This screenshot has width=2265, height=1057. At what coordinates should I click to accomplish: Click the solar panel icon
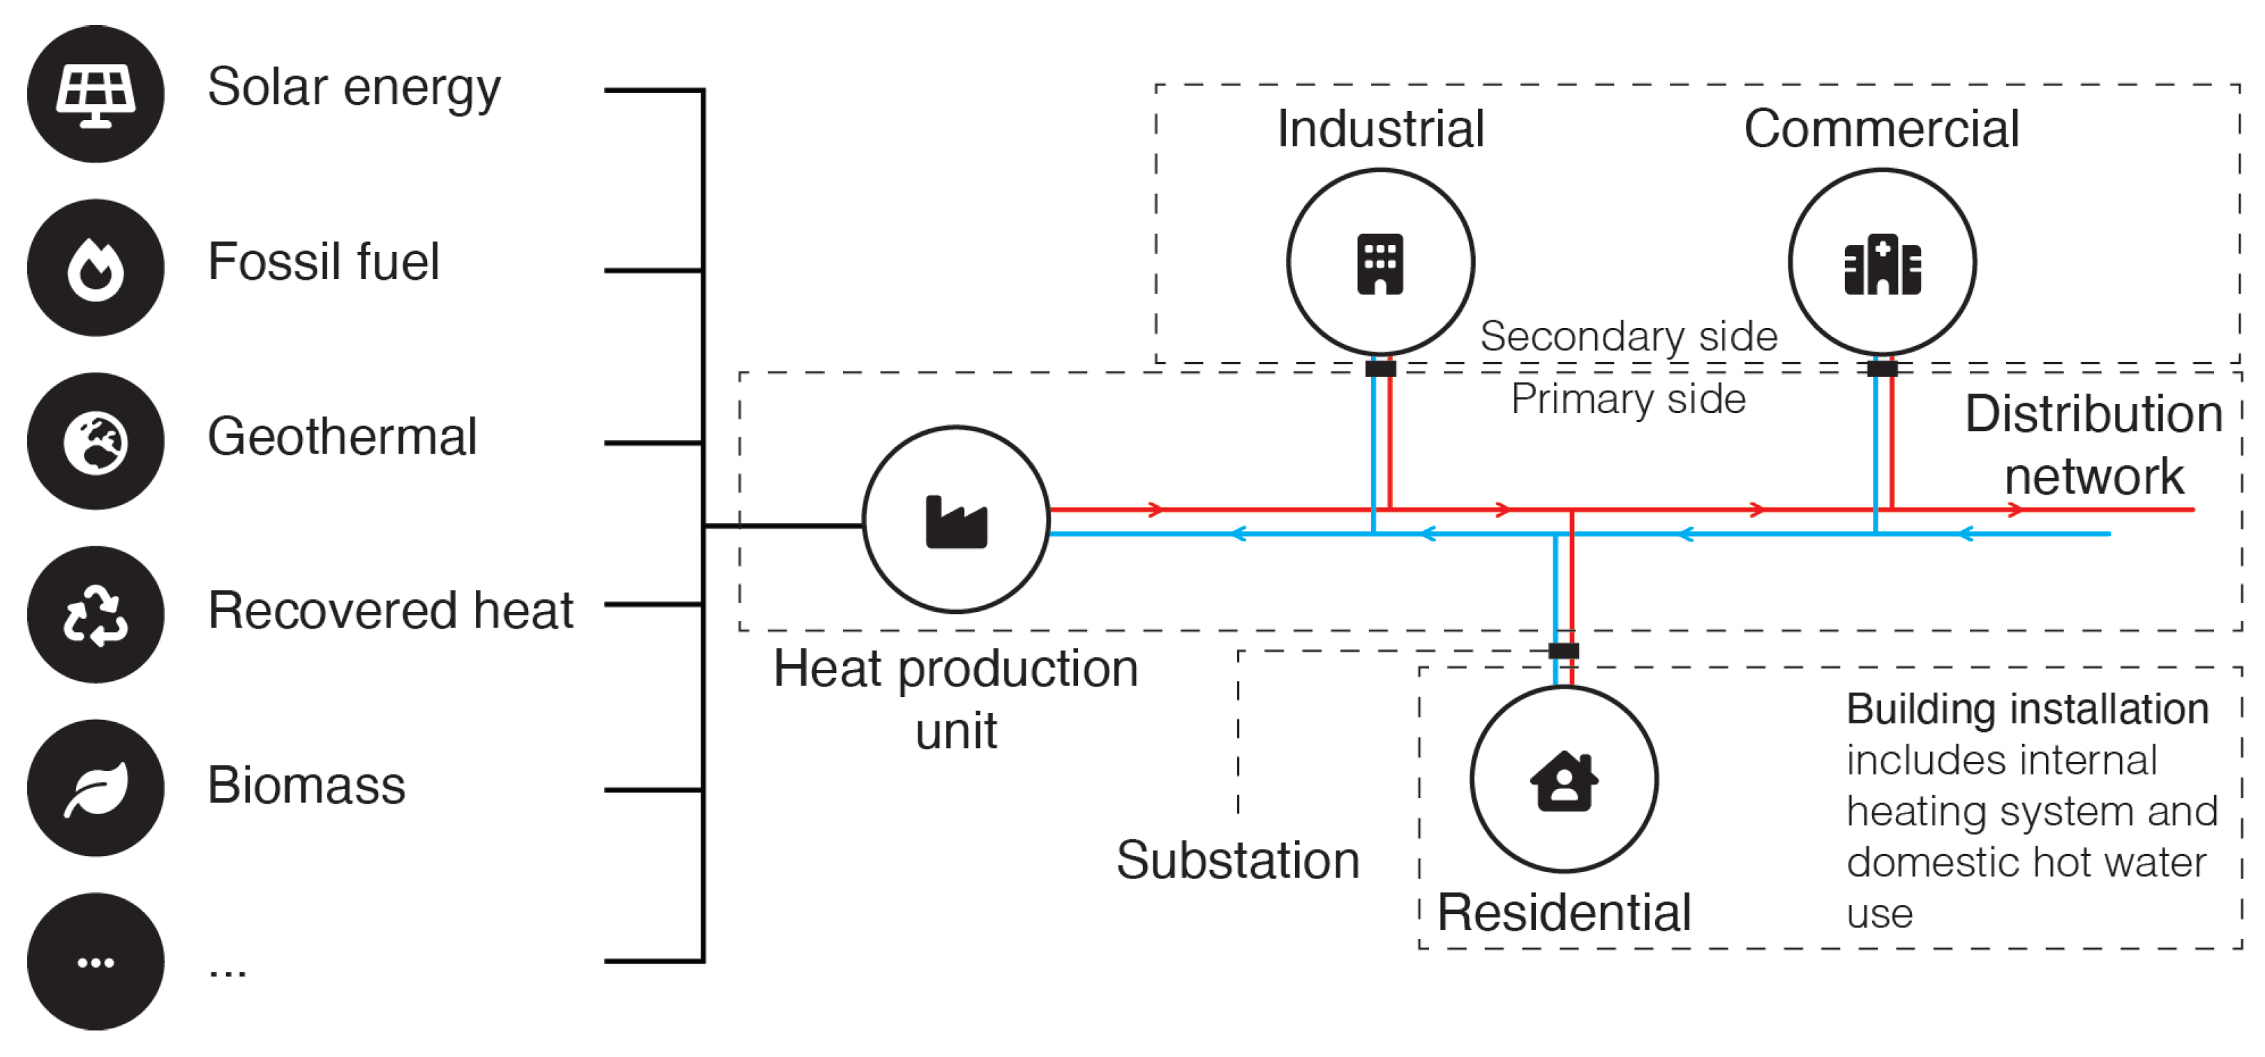point(95,93)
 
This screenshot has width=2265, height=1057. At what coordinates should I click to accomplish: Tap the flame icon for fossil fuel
point(95,267)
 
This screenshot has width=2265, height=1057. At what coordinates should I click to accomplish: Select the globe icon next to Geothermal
point(95,442)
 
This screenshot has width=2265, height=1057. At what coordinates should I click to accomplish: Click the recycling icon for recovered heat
point(95,615)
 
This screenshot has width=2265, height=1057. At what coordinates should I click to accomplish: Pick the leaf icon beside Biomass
point(95,788)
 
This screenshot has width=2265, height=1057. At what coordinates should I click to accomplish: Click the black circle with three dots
point(95,962)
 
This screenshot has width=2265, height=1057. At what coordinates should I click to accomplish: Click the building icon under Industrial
point(1380,263)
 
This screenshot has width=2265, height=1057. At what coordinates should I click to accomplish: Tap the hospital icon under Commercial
point(1882,263)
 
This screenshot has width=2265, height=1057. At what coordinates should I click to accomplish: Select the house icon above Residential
point(1563,779)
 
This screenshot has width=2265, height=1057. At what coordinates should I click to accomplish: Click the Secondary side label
point(1629,336)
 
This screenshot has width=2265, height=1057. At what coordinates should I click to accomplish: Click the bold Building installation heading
point(2027,709)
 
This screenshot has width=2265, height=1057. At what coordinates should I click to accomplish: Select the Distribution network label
point(2093,445)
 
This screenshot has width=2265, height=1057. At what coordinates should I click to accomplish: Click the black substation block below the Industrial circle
point(1380,368)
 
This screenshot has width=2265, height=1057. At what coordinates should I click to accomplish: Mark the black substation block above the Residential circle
point(1562,651)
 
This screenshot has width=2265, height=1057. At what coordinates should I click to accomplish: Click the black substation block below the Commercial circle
point(1882,368)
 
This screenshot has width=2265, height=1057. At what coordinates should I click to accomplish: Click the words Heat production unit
point(956,698)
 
